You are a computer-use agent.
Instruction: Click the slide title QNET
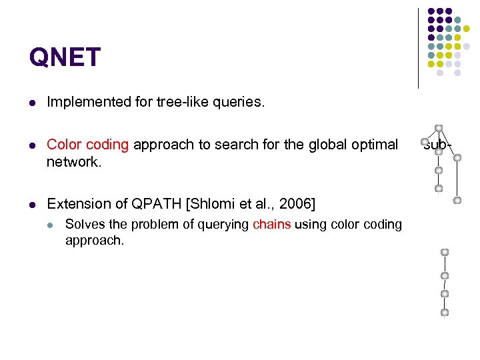point(65,57)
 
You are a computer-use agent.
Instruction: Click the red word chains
point(272,225)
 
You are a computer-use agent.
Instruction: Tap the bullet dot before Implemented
point(32,103)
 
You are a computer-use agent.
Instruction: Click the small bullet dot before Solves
point(50,225)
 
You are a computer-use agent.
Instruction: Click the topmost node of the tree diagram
point(438,127)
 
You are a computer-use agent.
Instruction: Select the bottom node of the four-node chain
point(445,312)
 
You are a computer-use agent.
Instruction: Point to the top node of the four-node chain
point(445,253)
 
